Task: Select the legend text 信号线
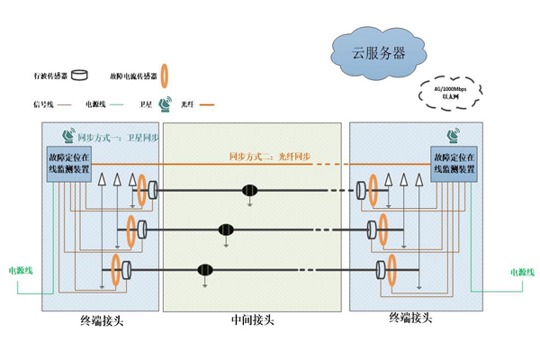[x=42, y=104]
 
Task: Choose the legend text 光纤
[x=188, y=104]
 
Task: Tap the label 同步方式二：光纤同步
[x=268, y=157]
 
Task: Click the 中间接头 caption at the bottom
[x=251, y=319]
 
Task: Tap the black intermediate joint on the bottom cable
[x=206, y=269]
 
